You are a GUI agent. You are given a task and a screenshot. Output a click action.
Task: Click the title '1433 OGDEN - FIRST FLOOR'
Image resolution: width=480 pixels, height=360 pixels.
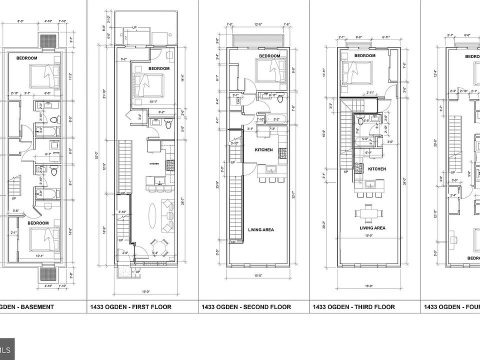[x=130, y=307]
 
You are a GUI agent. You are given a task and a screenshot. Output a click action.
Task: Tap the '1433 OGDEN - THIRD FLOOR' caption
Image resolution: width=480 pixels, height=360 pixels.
[x=353, y=307]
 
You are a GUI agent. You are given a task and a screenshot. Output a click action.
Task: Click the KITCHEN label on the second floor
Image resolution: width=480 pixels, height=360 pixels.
[x=263, y=150]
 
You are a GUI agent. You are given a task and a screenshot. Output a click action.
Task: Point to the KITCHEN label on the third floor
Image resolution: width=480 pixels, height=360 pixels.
[x=377, y=169]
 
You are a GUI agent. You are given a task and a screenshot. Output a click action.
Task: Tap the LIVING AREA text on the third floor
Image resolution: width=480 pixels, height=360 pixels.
[x=372, y=227]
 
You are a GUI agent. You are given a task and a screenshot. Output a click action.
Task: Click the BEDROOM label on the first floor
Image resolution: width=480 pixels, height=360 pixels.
[x=159, y=68]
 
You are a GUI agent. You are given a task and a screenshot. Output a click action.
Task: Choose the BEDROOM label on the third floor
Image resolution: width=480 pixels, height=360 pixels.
[x=364, y=55]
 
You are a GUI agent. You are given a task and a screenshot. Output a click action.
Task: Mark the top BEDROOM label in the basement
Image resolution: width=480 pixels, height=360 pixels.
[x=26, y=58]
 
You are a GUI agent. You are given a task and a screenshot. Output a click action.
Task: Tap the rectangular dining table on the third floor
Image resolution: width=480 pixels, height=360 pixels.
[x=369, y=213]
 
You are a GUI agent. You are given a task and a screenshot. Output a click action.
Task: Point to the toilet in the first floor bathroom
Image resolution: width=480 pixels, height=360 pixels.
[x=168, y=123]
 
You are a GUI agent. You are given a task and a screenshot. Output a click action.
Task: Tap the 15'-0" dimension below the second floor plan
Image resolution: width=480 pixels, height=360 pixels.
[x=258, y=275]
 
